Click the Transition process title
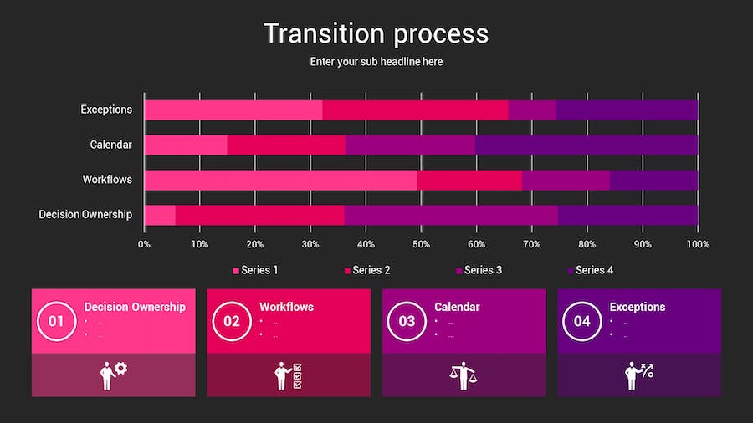[376, 33]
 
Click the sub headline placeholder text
[376, 62]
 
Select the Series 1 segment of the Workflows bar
[280, 180]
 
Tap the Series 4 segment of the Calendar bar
[586, 145]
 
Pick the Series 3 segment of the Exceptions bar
[531, 110]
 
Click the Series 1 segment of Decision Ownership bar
[160, 215]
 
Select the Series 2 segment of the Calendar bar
[285, 145]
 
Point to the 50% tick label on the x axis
[421, 244]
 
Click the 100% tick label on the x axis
[698, 244]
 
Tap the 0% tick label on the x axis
[144, 244]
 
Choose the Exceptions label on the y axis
[106, 110]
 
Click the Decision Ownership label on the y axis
[85, 215]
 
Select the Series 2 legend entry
[367, 270]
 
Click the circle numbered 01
[56, 321]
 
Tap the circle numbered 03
[407, 321]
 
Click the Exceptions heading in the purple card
[638, 307]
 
